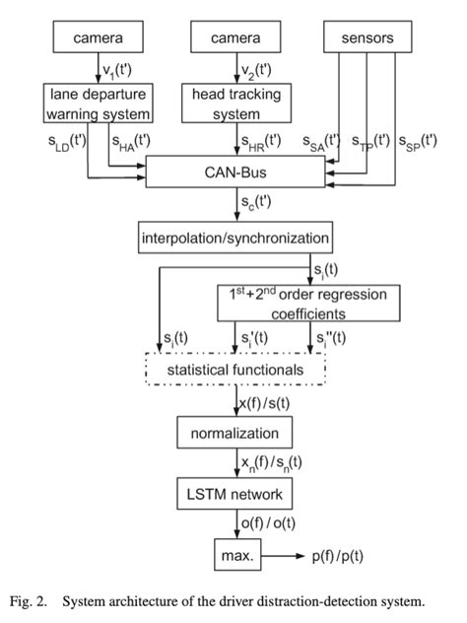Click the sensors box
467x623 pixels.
[367, 38]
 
